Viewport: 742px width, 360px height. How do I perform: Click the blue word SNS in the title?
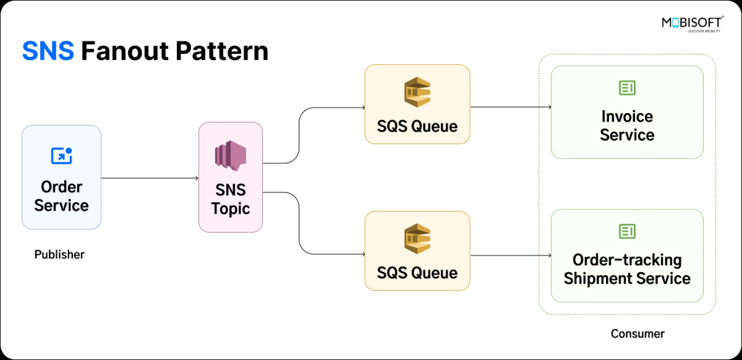pyautogui.click(x=48, y=51)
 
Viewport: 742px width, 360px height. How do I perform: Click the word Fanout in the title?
pyautogui.click(x=125, y=51)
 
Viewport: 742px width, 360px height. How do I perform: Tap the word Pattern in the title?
pyautogui.click(x=222, y=51)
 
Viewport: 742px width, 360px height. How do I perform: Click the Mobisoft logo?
pyautogui.click(x=692, y=24)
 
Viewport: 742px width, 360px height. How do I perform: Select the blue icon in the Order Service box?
pyautogui.click(x=61, y=156)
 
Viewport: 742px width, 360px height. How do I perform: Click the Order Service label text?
pyautogui.click(x=61, y=196)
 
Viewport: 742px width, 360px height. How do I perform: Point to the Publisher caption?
pyautogui.click(x=60, y=254)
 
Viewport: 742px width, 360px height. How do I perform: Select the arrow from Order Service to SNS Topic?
pyautogui.click(x=150, y=178)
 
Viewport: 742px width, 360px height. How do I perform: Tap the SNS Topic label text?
pyautogui.click(x=231, y=199)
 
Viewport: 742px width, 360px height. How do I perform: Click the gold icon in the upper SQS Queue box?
pyautogui.click(x=417, y=92)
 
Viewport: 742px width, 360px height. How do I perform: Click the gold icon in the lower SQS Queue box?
pyautogui.click(x=417, y=239)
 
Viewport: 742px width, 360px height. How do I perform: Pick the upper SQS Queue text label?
pyautogui.click(x=417, y=126)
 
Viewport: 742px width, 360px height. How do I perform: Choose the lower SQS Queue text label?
pyautogui.click(x=417, y=273)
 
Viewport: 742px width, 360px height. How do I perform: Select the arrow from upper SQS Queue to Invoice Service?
pyautogui.click(x=510, y=107)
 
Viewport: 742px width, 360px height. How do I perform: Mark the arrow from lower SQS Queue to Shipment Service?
pyautogui.click(x=510, y=255)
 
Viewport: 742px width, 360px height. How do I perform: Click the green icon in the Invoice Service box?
pyautogui.click(x=627, y=88)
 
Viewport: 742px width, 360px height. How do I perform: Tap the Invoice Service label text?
pyautogui.click(x=627, y=126)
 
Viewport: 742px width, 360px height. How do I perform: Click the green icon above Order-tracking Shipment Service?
pyautogui.click(x=627, y=231)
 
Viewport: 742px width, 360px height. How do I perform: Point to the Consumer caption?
pyautogui.click(x=637, y=334)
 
